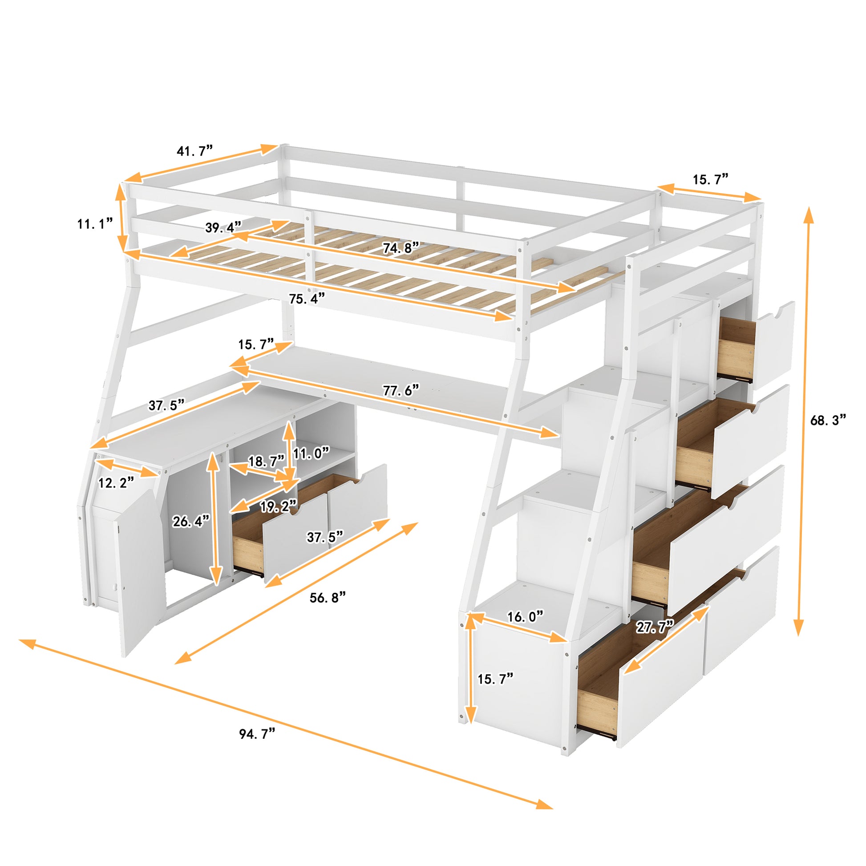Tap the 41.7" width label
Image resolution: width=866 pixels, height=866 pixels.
[194, 151]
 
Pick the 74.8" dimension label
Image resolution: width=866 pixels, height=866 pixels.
[400, 248]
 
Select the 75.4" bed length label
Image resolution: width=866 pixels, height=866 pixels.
[307, 299]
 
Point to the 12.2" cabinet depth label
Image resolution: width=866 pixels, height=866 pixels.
[116, 483]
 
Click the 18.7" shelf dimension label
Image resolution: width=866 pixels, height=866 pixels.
[266, 461]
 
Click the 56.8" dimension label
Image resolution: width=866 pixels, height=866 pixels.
[328, 598]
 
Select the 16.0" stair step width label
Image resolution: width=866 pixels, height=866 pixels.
[525, 617]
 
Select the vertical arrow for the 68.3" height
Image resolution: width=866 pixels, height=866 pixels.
[809, 421]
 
